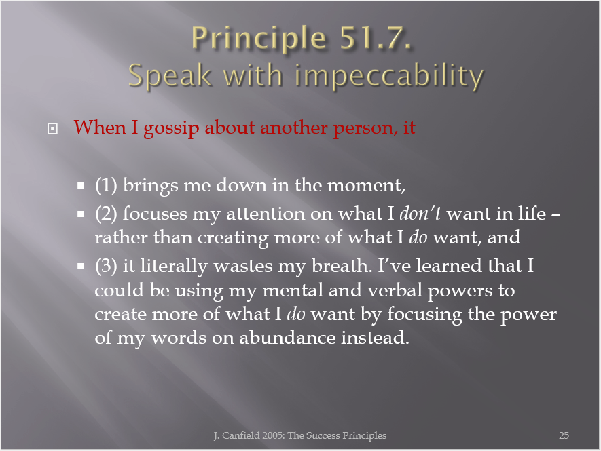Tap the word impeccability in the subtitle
click(x=389, y=77)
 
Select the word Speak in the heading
click(x=170, y=77)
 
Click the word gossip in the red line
click(x=171, y=128)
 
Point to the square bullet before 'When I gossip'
click(x=52, y=128)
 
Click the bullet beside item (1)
click(x=81, y=186)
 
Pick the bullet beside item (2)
click(x=81, y=214)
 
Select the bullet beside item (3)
click(x=81, y=267)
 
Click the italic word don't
click(x=420, y=214)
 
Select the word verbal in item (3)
click(x=395, y=290)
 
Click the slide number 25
click(x=564, y=435)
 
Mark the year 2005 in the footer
click(x=273, y=435)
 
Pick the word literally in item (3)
click(x=174, y=267)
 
